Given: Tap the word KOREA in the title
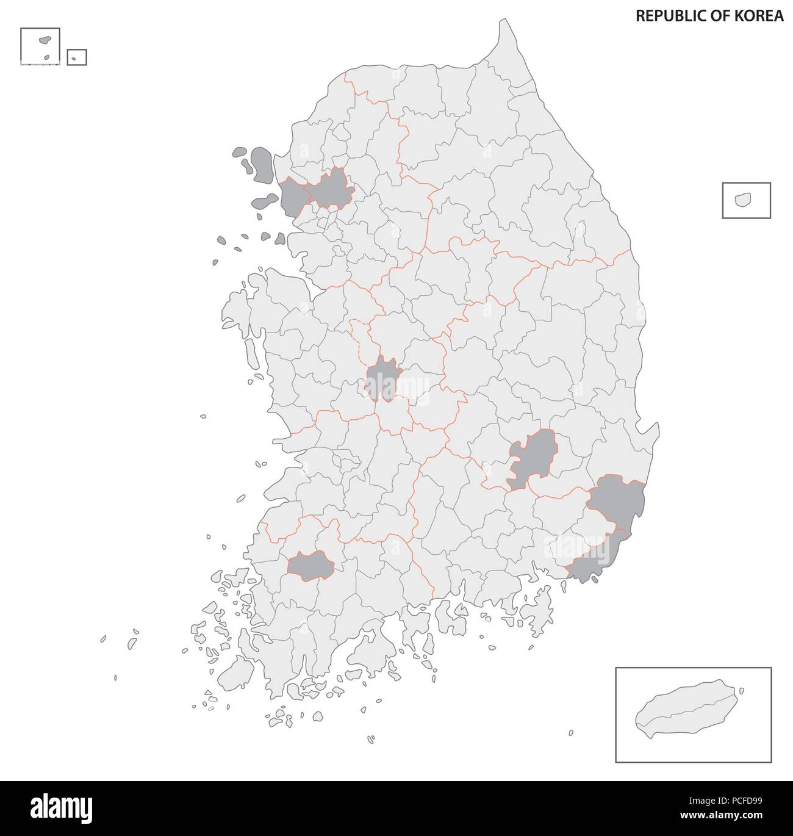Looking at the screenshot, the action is click(x=762, y=16).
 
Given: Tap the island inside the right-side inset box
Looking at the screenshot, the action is click(x=744, y=200).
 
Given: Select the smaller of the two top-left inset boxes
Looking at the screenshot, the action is click(x=77, y=57).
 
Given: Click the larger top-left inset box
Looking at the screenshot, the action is click(x=40, y=46).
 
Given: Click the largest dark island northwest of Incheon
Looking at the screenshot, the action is click(x=262, y=165).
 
